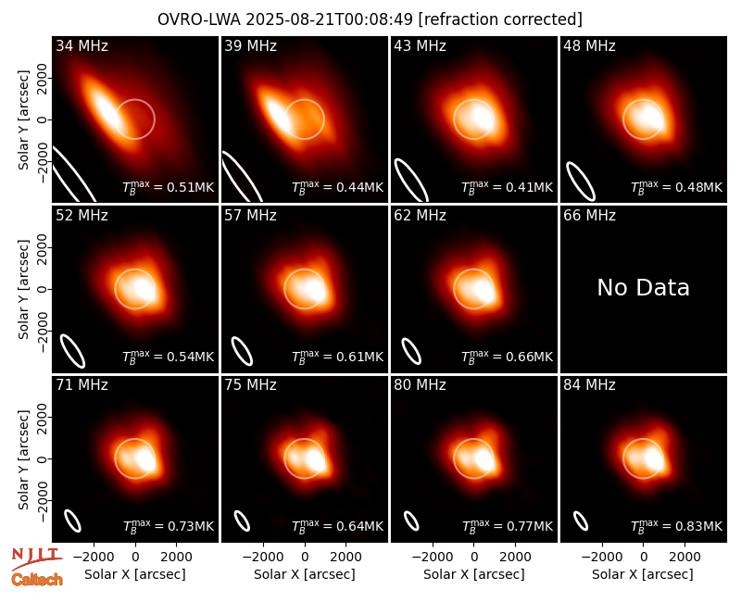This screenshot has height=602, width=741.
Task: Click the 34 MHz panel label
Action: [82, 45]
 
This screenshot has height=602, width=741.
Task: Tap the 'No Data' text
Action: [643, 287]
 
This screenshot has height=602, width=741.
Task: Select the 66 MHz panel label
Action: [589, 216]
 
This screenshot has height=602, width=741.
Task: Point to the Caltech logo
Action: [37, 580]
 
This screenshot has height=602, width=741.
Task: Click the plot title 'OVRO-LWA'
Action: [199, 19]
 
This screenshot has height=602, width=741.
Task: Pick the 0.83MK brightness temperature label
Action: [677, 525]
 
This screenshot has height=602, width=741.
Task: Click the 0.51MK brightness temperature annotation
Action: [169, 186]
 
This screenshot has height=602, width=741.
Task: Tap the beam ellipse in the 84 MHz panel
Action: [581, 520]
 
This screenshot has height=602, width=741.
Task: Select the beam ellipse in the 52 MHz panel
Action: [72, 351]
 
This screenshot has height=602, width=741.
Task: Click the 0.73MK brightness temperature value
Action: [169, 525]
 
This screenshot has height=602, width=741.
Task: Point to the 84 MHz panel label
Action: [589, 385]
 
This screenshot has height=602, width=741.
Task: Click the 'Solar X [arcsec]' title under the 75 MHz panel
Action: [305, 574]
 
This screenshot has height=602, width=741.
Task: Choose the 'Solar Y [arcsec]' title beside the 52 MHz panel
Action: [24, 289]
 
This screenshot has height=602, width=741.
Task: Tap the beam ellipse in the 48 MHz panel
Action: [581, 182]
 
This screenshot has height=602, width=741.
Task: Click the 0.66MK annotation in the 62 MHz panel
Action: [507, 356]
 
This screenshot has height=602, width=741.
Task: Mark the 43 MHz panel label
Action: [421, 45]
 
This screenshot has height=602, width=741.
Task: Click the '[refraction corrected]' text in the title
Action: [500, 19]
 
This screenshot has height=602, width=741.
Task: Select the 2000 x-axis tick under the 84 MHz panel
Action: [684, 557]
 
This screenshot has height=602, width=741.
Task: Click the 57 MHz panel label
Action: [250, 216]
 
